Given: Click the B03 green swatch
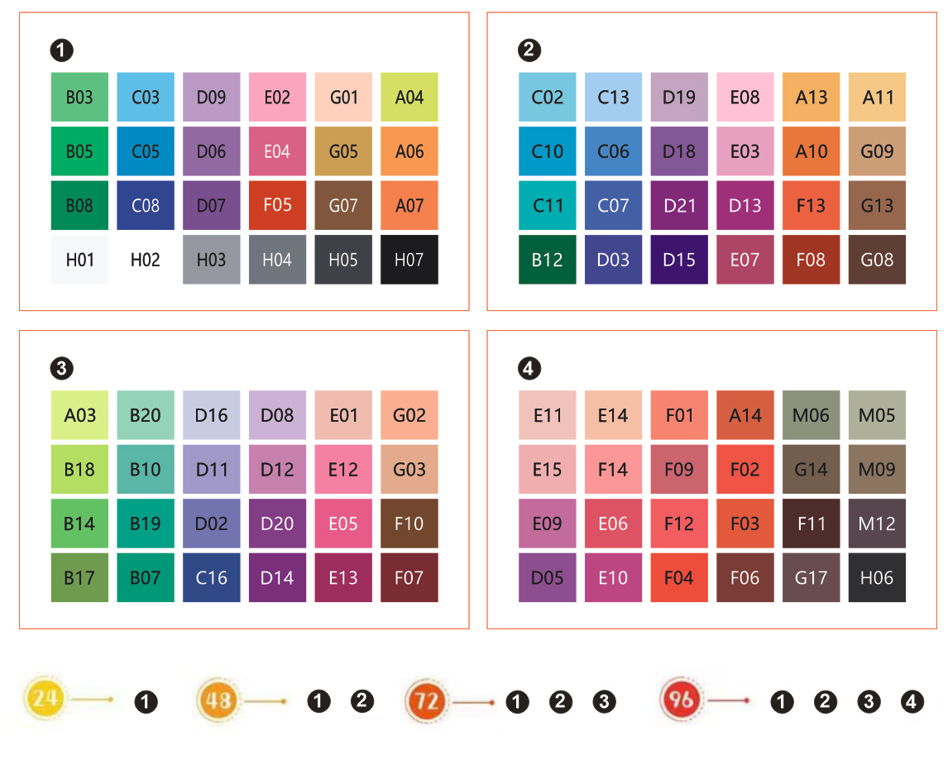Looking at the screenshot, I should [x=79, y=98].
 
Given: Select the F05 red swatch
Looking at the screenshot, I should [x=277, y=205].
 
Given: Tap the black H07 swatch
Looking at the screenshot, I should [x=409, y=260].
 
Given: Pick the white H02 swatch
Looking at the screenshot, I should [x=146, y=260].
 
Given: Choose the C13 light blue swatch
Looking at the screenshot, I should [x=613, y=98].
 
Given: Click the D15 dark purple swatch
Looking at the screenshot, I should [x=679, y=260].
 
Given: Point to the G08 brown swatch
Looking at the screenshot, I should [x=877, y=260].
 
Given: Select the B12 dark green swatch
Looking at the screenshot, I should [x=548, y=260].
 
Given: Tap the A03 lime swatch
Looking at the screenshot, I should [x=79, y=415].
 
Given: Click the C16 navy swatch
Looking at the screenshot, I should [x=211, y=577].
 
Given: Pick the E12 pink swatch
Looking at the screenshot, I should [x=343, y=470].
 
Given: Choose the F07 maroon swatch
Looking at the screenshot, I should [x=409, y=577].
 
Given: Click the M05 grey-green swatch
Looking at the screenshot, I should [x=877, y=415].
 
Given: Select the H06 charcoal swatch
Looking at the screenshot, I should [x=877, y=577].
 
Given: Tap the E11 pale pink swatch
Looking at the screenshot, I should [x=548, y=415].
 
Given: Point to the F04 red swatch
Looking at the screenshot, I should [x=679, y=577].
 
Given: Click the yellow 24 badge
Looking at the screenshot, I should [x=46, y=700].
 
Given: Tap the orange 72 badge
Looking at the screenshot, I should [x=426, y=702].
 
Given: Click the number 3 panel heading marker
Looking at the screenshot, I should [x=61, y=368].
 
